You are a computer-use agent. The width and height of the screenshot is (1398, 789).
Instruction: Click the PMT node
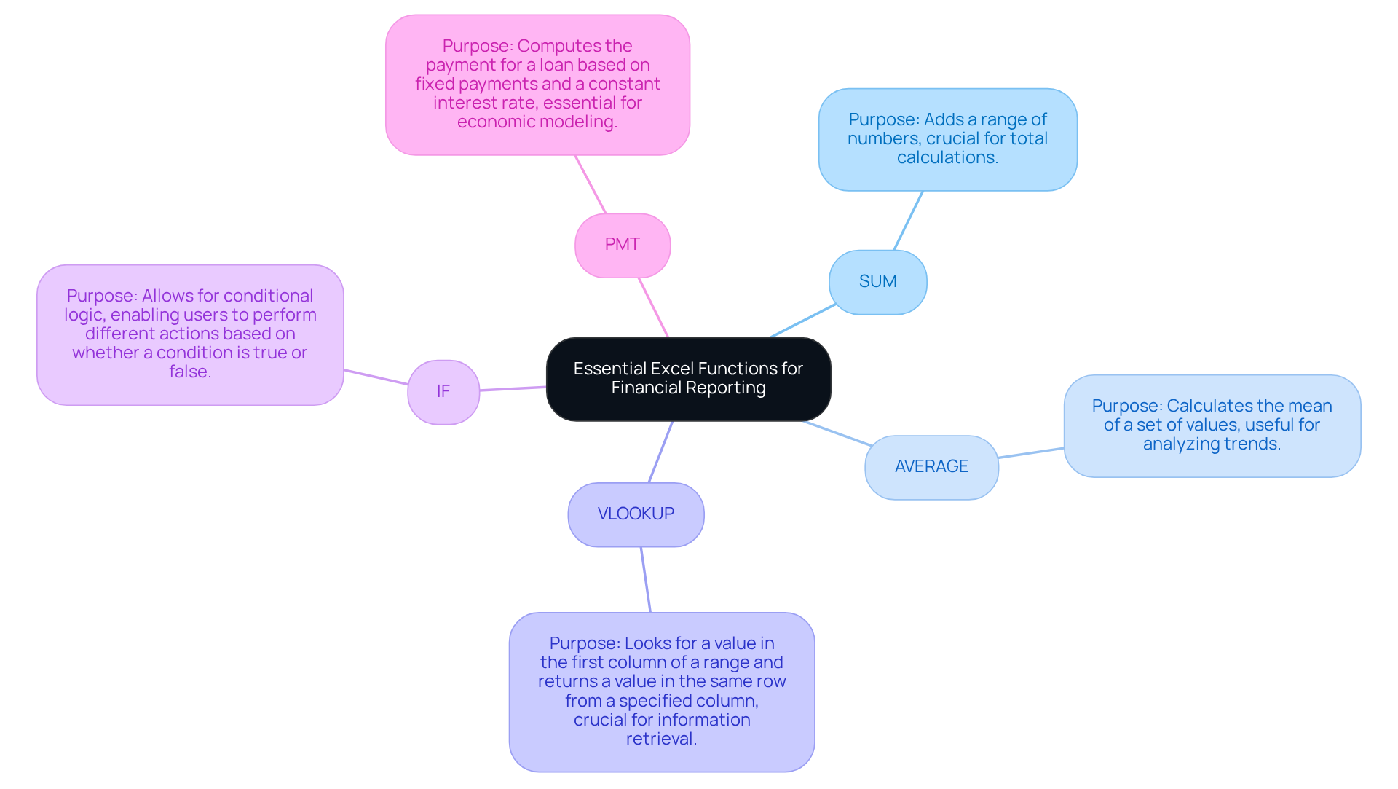pyautogui.click(x=622, y=245)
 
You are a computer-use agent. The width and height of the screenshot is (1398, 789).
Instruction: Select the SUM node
pyautogui.click(x=877, y=282)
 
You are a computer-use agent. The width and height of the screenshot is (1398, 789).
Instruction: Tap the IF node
pyautogui.click(x=443, y=392)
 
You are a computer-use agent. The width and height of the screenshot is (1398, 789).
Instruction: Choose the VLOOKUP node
pyautogui.click(x=636, y=514)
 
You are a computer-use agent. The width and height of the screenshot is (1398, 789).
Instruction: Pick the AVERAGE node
pyautogui.click(x=931, y=467)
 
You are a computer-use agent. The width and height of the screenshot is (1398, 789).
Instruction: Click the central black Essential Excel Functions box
pyautogui.click(x=688, y=379)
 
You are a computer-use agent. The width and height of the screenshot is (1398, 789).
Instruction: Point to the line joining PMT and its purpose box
pyautogui.click(x=591, y=184)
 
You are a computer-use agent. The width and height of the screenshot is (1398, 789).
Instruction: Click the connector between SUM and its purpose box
pyautogui.click(x=908, y=221)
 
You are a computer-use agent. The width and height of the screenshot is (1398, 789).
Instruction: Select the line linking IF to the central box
pyautogui.click(x=513, y=389)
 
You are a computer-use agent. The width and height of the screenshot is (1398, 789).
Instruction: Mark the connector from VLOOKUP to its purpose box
pyautogui.click(x=646, y=580)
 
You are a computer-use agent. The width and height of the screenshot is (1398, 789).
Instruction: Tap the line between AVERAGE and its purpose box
pyautogui.click(x=1031, y=453)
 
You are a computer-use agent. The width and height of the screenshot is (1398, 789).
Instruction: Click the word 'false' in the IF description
pyautogui.click(x=188, y=372)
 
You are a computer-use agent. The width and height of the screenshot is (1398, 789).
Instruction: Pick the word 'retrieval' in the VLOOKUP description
pyautogui.click(x=660, y=739)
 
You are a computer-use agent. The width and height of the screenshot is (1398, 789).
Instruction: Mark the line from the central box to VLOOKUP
pyautogui.click(x=660, y=452)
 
